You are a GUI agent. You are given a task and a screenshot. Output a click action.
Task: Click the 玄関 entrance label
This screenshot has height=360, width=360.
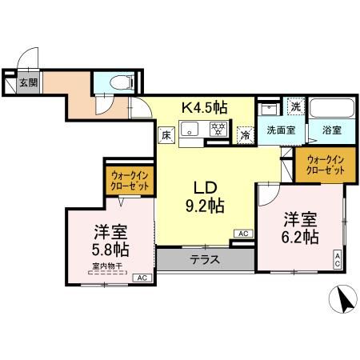[x=27, y=82]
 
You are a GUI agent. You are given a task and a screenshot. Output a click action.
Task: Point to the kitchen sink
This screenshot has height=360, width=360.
[x=192, y=130]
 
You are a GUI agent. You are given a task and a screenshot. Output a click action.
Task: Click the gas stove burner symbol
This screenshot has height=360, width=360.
[x=217, y=128]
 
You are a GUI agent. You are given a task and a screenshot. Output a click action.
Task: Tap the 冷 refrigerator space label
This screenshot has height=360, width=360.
[x=246, y=135]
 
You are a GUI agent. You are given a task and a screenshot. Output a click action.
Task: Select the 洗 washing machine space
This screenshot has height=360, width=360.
[x=295, y=106]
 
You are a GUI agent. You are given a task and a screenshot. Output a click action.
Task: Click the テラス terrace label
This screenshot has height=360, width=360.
[x=206, y=259]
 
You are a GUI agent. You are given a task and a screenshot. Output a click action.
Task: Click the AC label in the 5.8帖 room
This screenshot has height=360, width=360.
[x=142, y=277]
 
